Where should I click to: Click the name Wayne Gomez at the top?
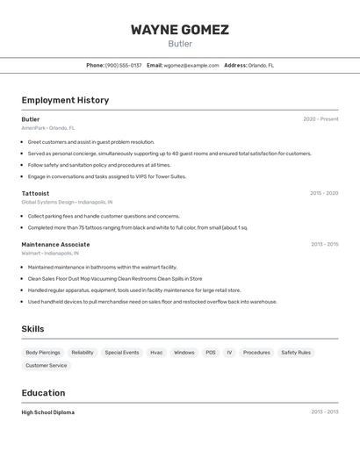coord(180,30)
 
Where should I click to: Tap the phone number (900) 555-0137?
coord(123,65)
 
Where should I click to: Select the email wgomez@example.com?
coord(191,65)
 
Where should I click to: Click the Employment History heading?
coord(65,100)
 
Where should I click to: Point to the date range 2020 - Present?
coord(320,119)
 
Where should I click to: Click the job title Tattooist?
coord(35,193)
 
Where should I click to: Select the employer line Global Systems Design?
coord(67,202)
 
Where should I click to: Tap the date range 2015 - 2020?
coord(324,193)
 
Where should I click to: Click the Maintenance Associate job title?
coord(55,245)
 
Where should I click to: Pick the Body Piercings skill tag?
coord(43,353)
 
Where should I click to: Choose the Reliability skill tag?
coord(83,353)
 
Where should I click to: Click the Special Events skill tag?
coord(122,353)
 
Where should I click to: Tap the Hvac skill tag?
coord(156,353)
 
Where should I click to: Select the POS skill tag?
coord(211,353)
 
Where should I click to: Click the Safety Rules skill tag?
coord(296,353)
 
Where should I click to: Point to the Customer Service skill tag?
coord(46,366)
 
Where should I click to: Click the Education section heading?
coord(43,393)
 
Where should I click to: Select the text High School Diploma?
coord(47,412)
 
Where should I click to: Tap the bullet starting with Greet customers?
coord(90,142)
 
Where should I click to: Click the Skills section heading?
coord(32,329)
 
